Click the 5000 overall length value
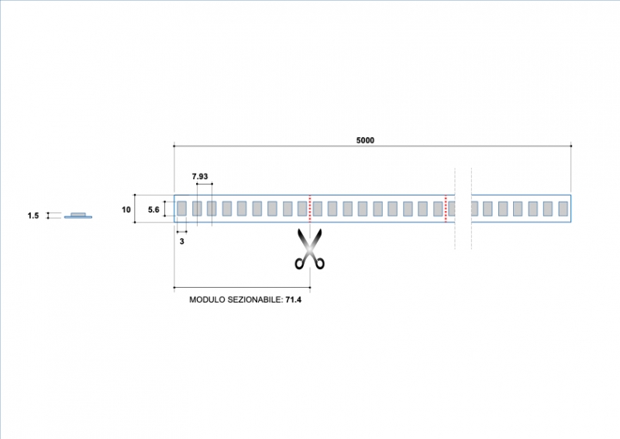click(x=365, y=140)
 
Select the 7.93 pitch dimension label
click(x=200, y=177)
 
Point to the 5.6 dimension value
click(x=153, y=209)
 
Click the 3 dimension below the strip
click(x=181, y=242)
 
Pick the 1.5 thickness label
click(x=33, y=216)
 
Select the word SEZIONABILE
click(x=255, y=299)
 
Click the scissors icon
click(x=309, y=249)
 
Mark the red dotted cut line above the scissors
click(x=310, y=208)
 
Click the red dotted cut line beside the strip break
click(x=446, y=208)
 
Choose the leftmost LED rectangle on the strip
click(x=181, y=208)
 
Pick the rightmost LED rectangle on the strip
click(x=563, y=208)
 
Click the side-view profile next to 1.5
click(x=77, y=216)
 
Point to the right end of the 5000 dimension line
click(x=571, y=146)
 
